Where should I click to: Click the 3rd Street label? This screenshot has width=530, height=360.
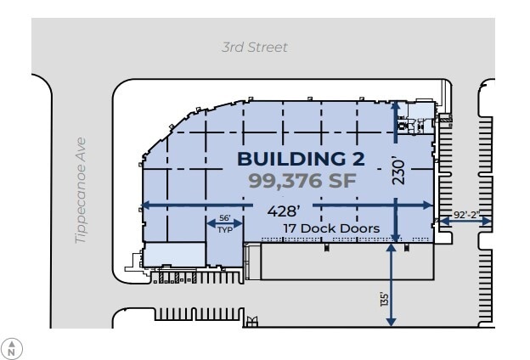254,48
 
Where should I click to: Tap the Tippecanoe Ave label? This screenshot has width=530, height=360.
82,192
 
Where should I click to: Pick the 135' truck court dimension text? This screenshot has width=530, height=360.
385,299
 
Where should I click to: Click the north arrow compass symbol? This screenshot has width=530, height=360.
13,346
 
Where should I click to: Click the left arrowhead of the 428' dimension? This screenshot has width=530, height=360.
144,205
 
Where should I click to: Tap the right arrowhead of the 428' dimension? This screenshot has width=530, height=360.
430,205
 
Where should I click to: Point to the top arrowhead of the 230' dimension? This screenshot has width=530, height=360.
395,105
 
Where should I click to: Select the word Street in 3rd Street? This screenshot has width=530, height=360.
268,48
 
